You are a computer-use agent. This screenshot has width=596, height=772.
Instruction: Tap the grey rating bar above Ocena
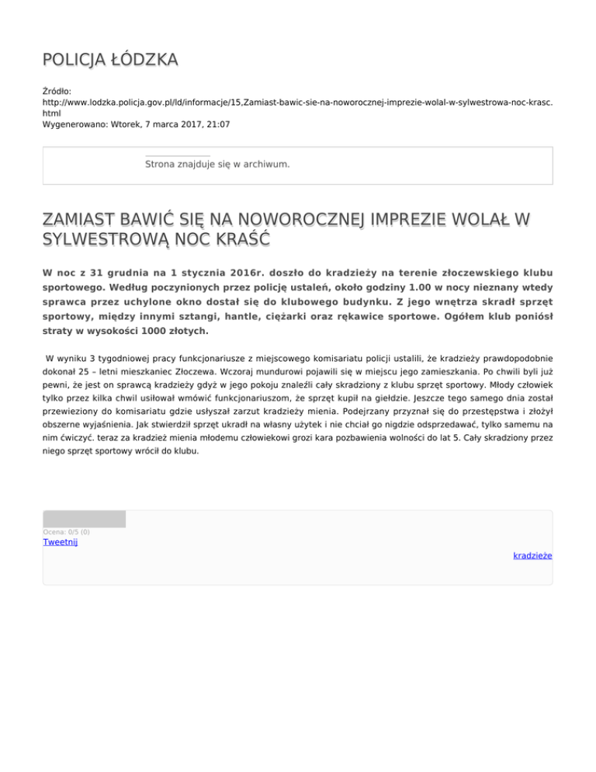click(x=84, y=519)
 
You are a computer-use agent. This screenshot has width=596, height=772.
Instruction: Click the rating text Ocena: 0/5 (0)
click(x=67, y=532)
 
